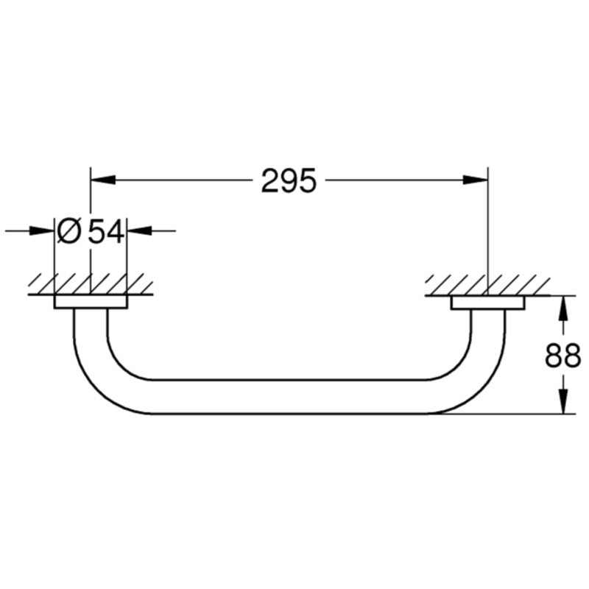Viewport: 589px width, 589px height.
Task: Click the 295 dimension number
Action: click(289, 180)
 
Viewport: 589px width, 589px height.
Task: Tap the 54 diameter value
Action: click(106, 231)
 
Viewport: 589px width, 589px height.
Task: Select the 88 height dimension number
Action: click(562, 356)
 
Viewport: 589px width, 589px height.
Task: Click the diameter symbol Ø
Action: click(68, 231)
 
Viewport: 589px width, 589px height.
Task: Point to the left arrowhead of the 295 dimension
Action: click(102, 180)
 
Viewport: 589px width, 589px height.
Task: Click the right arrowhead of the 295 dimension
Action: click(475, 180)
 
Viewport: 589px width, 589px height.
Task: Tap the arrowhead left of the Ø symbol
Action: click(41, 230)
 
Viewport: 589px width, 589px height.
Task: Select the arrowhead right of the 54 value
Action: click(140, 230)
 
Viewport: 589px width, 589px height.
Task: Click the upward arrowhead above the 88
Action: click(562, 308)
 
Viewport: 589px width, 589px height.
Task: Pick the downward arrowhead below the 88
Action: click(562, 401)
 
